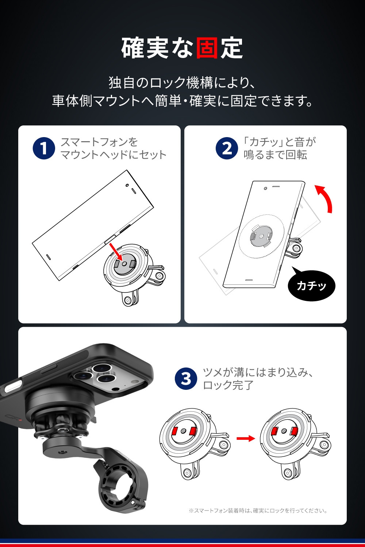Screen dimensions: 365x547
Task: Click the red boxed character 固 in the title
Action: (x=207, y=48)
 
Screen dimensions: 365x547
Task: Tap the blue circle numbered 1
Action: (x=44, y=148)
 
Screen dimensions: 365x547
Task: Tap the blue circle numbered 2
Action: (x=227, y=148)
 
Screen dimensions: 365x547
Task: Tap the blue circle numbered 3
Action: (x=186, y=379)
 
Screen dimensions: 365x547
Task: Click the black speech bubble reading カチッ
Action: (x=311, y=284)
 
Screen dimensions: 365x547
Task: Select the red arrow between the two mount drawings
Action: (x=246, y=438)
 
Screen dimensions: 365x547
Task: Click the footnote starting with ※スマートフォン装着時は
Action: (x=258, y=511)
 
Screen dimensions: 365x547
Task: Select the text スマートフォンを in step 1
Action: (x=99, y=142)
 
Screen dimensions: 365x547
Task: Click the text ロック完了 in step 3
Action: (x=228, y=385)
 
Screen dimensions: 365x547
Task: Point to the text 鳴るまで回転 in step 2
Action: (x=275, y=155)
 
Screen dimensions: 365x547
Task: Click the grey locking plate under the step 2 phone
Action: (x=261, y=236)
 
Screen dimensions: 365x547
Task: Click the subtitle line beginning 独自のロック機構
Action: (x=182, y=82)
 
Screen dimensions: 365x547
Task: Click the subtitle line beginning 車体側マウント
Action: (x=182, y=101)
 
